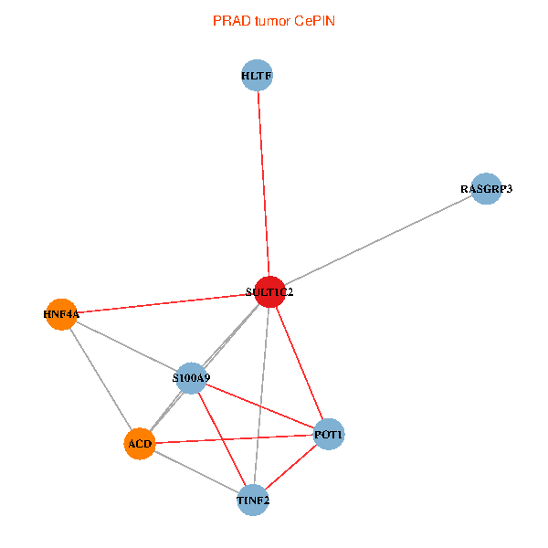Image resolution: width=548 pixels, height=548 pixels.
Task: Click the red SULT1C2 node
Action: coord(269,291)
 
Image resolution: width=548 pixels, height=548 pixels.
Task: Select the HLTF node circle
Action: coord(257,76)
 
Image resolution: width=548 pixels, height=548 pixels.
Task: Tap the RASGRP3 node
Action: coord(486,189)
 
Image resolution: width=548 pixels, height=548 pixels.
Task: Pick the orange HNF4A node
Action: coord(60,314)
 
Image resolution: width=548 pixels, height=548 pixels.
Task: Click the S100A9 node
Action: coord(191,377)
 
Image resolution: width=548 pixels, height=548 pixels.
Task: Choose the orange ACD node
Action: coord(139,444)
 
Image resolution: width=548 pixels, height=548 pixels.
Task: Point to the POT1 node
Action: coord(329,435)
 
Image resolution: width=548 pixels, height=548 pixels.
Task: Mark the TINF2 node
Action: coord(253,500)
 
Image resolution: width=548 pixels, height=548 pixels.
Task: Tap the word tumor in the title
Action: coord(271,20)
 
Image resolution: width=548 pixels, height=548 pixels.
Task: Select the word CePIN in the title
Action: coord(315,20)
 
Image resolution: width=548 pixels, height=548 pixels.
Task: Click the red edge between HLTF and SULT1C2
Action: coord(262,183)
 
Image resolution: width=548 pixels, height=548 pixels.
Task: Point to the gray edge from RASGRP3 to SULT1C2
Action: coord(377,240)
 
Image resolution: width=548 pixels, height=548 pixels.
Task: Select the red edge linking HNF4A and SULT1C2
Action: coord(164,303)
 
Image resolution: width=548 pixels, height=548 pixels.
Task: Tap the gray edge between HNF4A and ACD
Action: coord(100,379)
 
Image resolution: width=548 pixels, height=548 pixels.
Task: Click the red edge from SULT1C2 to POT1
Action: coord(299,363)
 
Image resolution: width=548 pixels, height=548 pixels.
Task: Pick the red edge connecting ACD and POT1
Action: coord(234,439)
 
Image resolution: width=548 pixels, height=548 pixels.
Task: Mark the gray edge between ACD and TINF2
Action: coord(195,471)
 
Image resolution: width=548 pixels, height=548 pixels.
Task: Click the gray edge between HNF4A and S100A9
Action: coord(125,345)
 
